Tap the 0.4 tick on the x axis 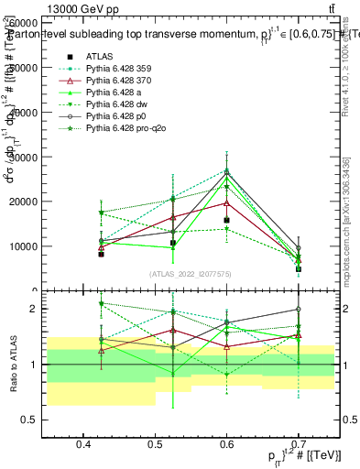[83, 443]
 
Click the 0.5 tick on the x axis [155, 443]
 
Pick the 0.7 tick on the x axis [298, 443]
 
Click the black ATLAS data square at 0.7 [299, 269]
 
